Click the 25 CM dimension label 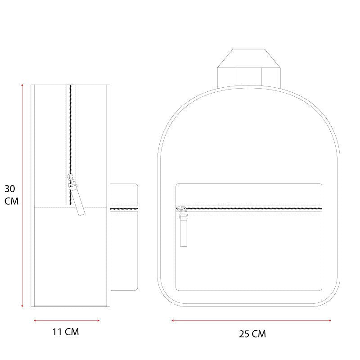tap(252, 334)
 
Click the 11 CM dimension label tap(66, 332)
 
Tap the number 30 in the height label tap(9, 189)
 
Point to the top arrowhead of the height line tap(22, 85)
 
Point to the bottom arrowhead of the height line tap(22, 306)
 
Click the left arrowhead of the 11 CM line tap(35, 320)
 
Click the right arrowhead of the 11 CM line tap(98, 320)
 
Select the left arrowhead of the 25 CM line tap(173, 320)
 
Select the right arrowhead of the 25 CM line tap(329, 320)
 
